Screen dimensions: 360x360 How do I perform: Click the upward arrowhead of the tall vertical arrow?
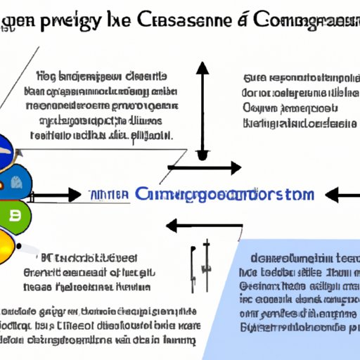coord(202,67)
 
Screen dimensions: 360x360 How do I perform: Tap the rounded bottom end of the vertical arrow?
coord(202,155)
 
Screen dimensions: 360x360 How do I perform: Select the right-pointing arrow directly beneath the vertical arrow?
coord(206,169)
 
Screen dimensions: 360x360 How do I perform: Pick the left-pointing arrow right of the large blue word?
coord(342,195)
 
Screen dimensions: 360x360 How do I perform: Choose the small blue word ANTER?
coord(109,195)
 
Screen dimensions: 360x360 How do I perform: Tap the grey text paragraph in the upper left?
coord(98,104)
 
